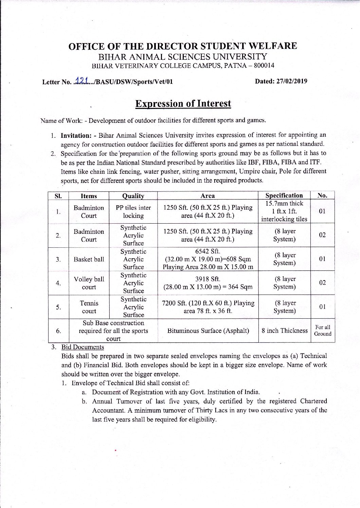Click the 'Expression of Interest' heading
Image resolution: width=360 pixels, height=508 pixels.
183,104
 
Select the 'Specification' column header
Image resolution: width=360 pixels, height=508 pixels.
284,195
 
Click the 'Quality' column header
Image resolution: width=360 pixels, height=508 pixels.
133,196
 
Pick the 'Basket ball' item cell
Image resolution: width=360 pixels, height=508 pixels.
89,259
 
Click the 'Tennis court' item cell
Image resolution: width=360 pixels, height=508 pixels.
89,307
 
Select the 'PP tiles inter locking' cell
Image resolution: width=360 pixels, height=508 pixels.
133,211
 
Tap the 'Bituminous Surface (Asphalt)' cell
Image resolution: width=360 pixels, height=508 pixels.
208,331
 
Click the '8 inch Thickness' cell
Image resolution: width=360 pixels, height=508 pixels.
285,331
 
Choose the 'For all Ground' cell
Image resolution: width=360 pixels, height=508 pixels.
323,331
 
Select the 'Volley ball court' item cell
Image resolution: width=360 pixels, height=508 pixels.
89,283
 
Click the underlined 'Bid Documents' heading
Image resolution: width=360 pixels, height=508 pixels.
83,347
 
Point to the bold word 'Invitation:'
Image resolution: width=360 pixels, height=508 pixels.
76,135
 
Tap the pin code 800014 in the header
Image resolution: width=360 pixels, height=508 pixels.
264,65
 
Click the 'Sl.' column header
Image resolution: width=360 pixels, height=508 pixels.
58,196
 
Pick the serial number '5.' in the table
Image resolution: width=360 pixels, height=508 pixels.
58,307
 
